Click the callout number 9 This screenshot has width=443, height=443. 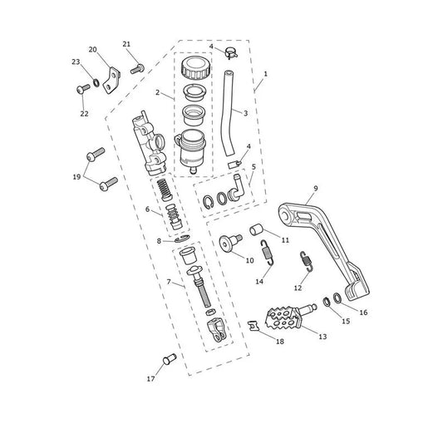[x=316, y=188]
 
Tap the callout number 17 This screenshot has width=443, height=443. [x=150, y=379]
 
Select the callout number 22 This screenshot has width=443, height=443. [x=84, y=114]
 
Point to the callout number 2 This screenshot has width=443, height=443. [x=157, y=92]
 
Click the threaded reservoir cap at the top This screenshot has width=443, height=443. [x=196, y=68]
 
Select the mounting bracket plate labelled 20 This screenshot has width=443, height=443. [x=111, y=81]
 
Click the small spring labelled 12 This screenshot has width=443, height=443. [x=307, y=261]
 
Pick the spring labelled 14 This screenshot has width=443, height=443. [x=268, y=253]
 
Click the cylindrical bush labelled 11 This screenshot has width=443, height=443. [x=256, y=229]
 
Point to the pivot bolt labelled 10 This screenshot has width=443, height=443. [x=230, y=242]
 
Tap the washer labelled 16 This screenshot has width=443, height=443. [x=337, y=298]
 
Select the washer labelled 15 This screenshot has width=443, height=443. [x=327, y=302]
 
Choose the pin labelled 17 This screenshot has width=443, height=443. [x=170, y=359]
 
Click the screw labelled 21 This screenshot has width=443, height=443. [x=137, y=69]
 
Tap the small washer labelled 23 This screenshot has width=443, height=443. [x=96, y=83]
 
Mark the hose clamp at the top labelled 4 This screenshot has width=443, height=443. [x=231, y=53]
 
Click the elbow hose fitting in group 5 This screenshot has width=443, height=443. [x=235, y=188]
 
